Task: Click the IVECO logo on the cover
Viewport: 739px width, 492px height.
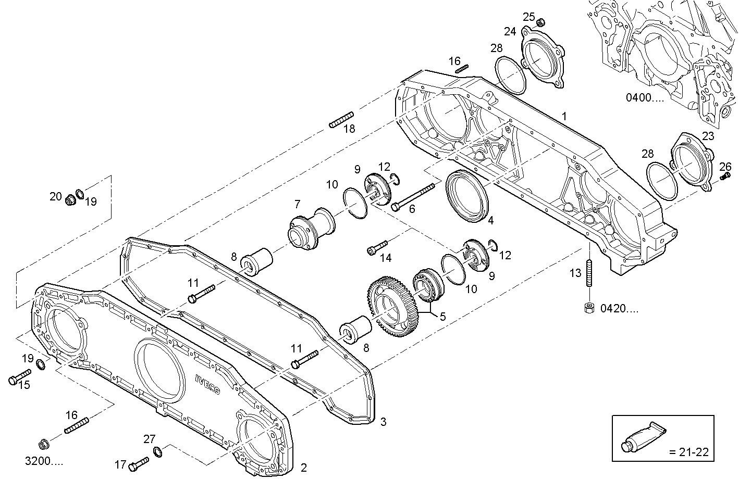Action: tap(208, 384)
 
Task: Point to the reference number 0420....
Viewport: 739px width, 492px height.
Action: tap(619, 308)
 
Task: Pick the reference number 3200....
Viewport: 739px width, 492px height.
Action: tap(44, 461)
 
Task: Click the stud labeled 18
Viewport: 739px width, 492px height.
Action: tap(342, 119)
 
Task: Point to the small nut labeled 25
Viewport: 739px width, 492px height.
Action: tap(541, 22)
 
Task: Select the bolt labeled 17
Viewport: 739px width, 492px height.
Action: tap(138, 462)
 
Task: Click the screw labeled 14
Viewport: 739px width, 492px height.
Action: tap(377, 247)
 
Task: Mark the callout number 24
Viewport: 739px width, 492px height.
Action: tap(509, 32)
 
